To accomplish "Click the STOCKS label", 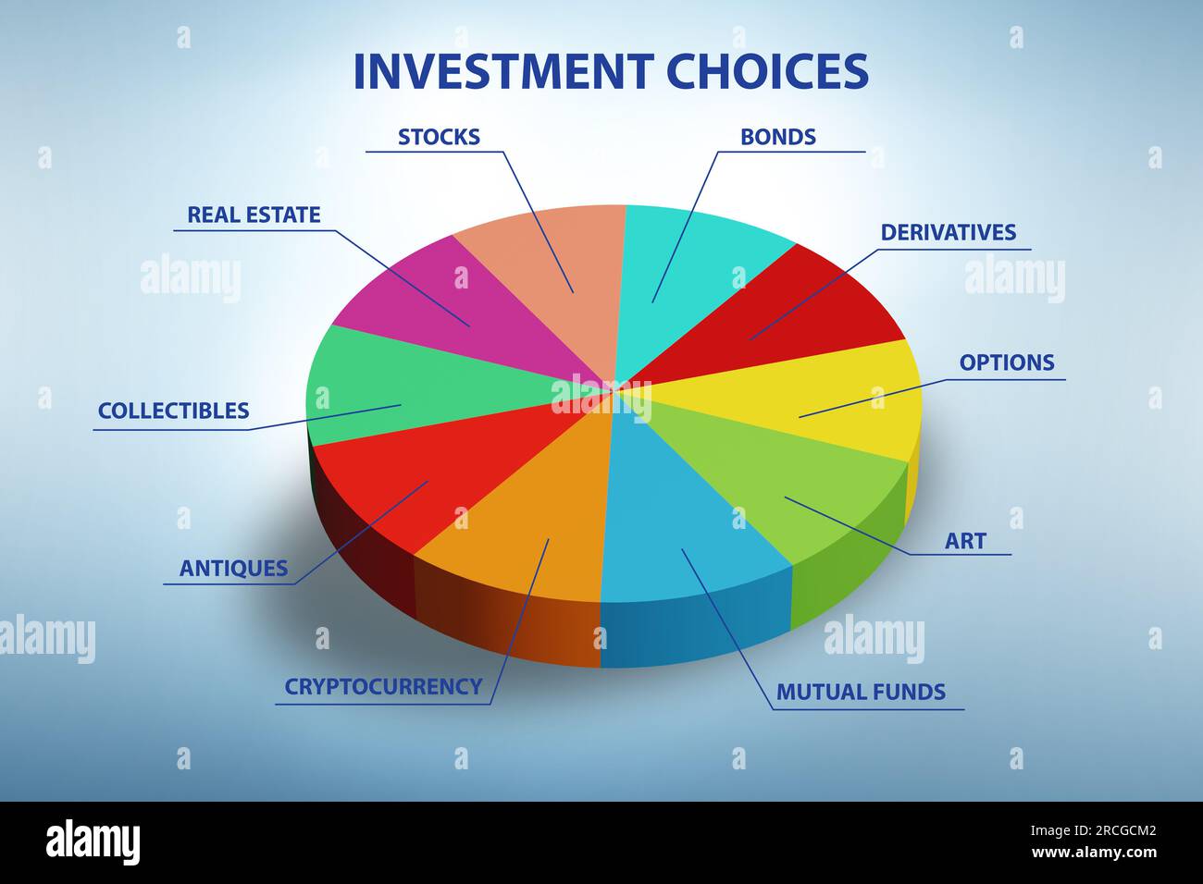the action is (x=439, y=137).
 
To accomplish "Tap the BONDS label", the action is (x=778, y=137).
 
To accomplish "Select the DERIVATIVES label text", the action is (x=949, y=232).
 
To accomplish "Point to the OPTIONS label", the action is (x=1007, y=362).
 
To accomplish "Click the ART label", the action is (x=965, y=541).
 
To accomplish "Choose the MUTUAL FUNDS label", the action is (x=861, y=692).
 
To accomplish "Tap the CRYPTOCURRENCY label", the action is (x=383, y=686).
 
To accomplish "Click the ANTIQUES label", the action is (x=233, y=568).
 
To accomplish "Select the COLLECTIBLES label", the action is (x=173, y=411).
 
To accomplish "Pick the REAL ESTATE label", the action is (x=254, y=215).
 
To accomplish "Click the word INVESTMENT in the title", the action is (x=503, y=71).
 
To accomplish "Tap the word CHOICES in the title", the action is (x=767, y=71).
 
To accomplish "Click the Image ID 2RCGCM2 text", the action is (x=1093, y=831).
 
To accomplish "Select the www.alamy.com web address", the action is (x=1094, y=853).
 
